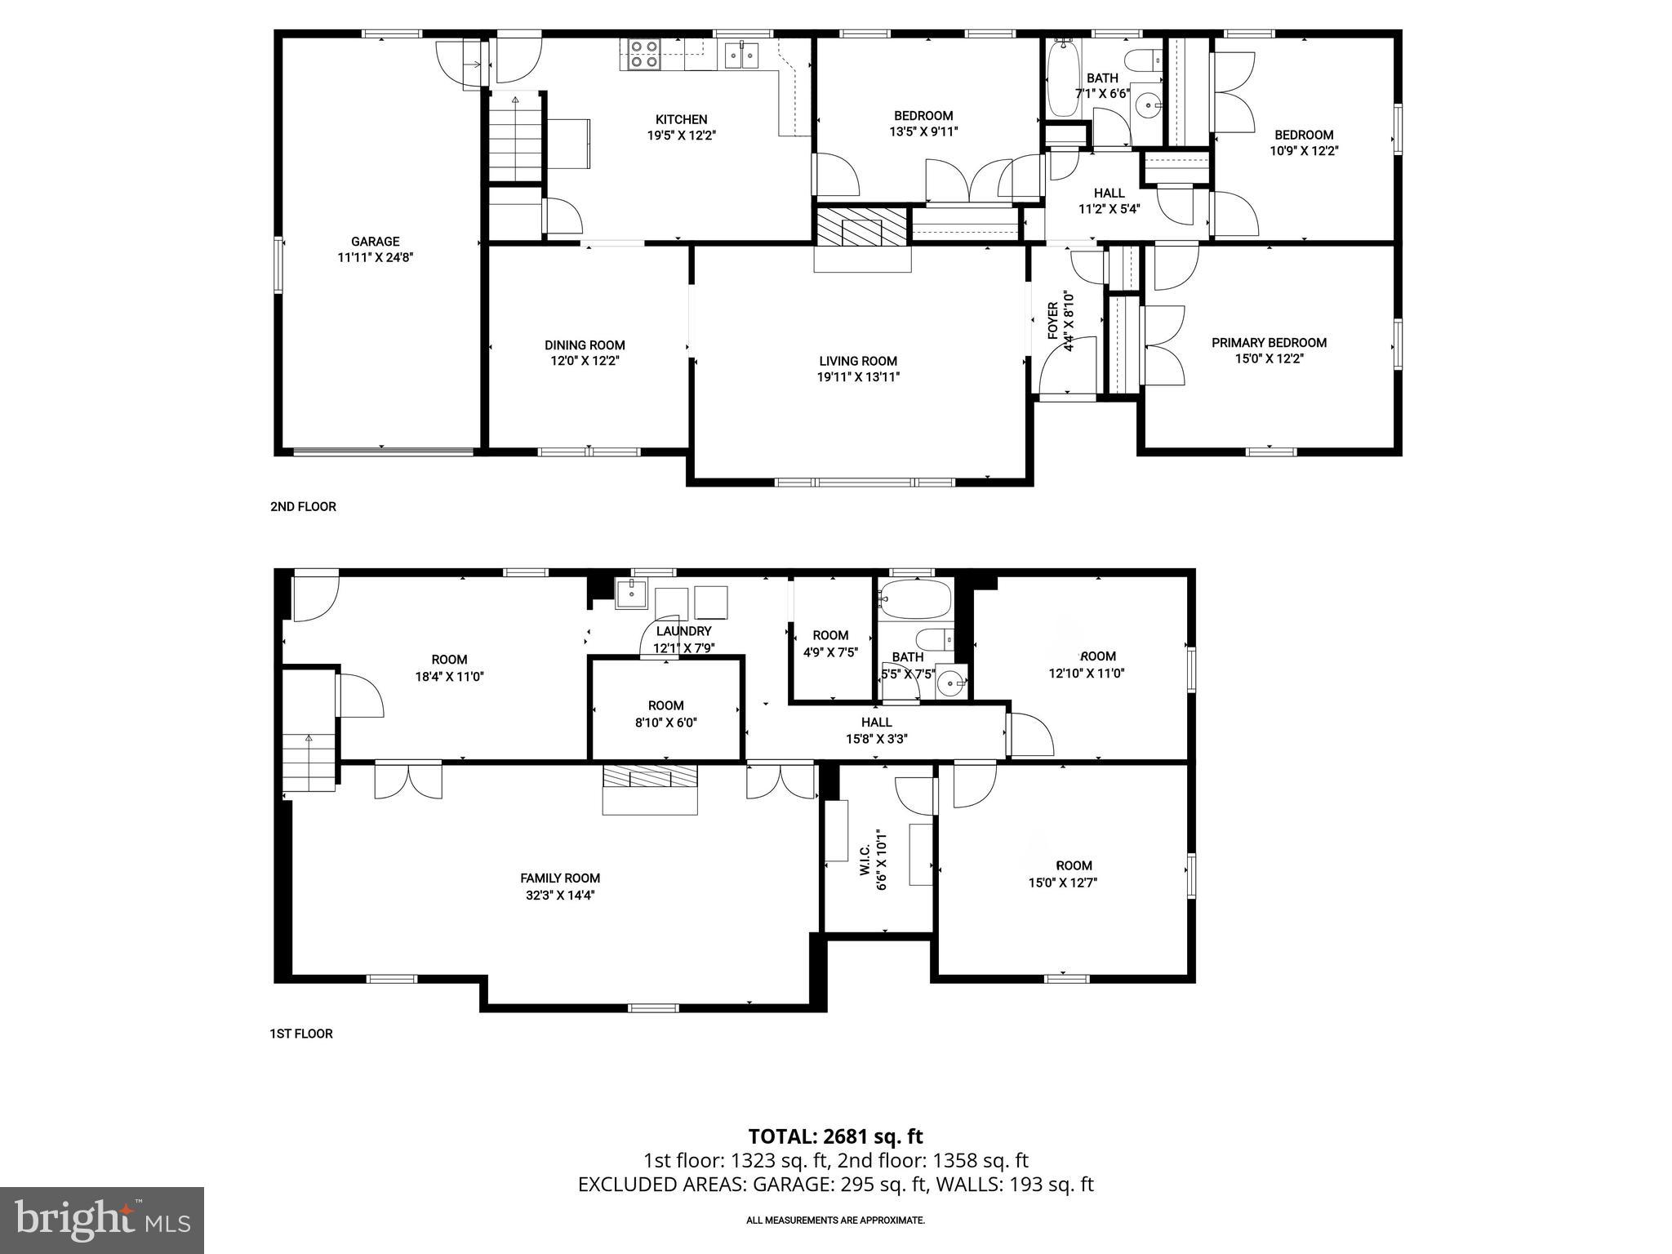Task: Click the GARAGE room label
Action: pyautogui.click(x=376, y=242)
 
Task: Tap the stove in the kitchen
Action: pyautogui.click(x=643, y=54)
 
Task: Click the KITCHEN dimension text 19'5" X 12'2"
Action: pyautogui.click(x=681, y=136)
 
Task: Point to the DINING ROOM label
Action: pyautogui.click(x=585, y=345)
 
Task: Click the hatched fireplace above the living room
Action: pyautogui.click(x=862, y=225)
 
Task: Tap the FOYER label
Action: pyautogui.click(x=1053, y=321)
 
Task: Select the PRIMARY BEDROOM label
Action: pyautogui.click(x=1269, y=343)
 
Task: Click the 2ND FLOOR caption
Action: pyautogui.click(x=303, y=507)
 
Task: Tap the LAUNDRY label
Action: pyautogui.click(x=683, y=631)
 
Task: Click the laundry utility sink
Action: pyautogui.click(x=631, y=594)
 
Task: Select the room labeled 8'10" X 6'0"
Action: pyautogui.click(x=665, y=713)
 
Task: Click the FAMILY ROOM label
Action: pyautogui.click(x=560, y=878)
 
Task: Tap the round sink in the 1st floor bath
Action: pyautogui.click(x=949, y=680)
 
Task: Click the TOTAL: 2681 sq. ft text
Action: pyautogui.click(x=835, y=1136)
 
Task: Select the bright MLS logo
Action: pyautogui.click(x=102, y=1220)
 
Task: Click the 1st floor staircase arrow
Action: pyautogui.click(x=309, y=739)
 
